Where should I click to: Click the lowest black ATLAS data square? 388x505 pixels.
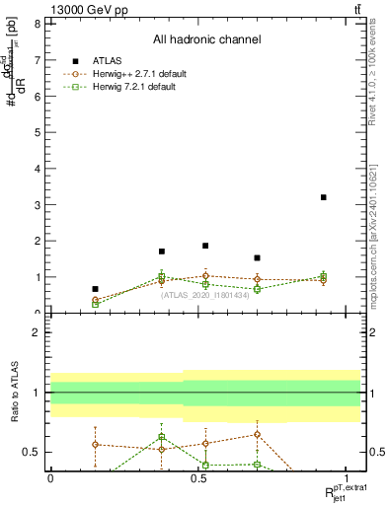coord(95,289)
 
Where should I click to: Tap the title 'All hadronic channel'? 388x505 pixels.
coord(206,40)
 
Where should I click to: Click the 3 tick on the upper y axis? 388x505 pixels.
coord(40,204)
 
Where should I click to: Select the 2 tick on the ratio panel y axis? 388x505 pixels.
coord(40,332)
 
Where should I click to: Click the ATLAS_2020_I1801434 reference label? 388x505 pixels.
coord(205,294)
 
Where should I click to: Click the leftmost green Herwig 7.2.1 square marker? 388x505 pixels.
coord(95,304)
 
